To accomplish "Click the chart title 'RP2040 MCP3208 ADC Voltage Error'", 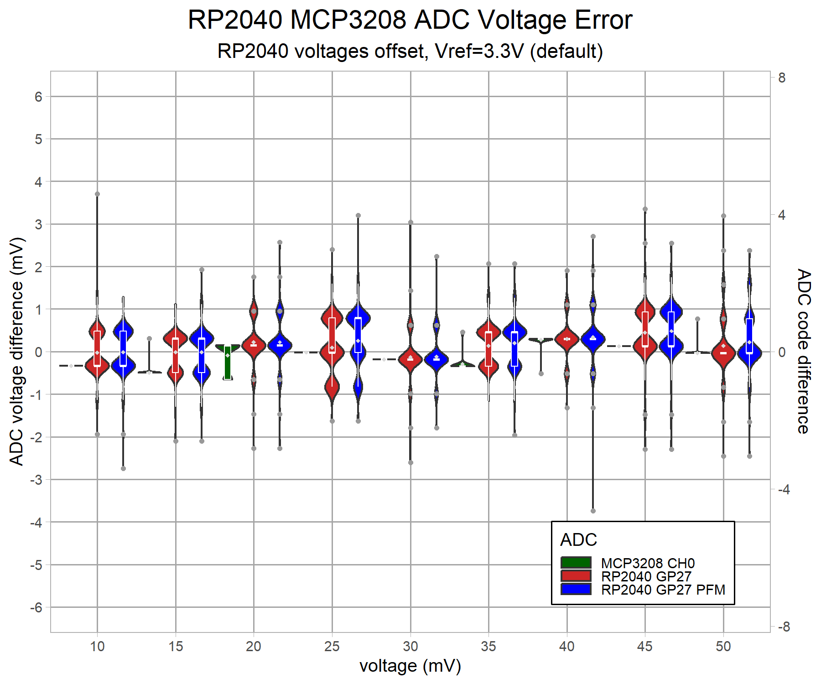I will click(410, 20).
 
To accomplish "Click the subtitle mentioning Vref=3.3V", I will click(410, 51).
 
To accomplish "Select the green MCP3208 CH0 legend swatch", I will click(576, 563).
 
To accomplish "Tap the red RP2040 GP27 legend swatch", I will click(576, 576).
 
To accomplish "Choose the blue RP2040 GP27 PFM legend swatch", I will click(576, 589).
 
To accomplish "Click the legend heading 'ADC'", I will click(578, 540).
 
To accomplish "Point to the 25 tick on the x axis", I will click(332, 646).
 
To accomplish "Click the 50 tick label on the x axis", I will click(723, 646).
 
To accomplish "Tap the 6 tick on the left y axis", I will click(38, 97).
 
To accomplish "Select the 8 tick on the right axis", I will click(782, 78).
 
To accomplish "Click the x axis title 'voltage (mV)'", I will click(410, 666).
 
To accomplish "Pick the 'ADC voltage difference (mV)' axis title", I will click(16, 351).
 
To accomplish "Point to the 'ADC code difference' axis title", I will click(804, 351).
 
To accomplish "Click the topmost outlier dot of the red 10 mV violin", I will click(97, 194).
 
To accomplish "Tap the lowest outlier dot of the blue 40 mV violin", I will click(593, 511).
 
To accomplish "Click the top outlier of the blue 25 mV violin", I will click(358, 215).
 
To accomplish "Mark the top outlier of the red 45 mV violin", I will click(645, 209).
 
